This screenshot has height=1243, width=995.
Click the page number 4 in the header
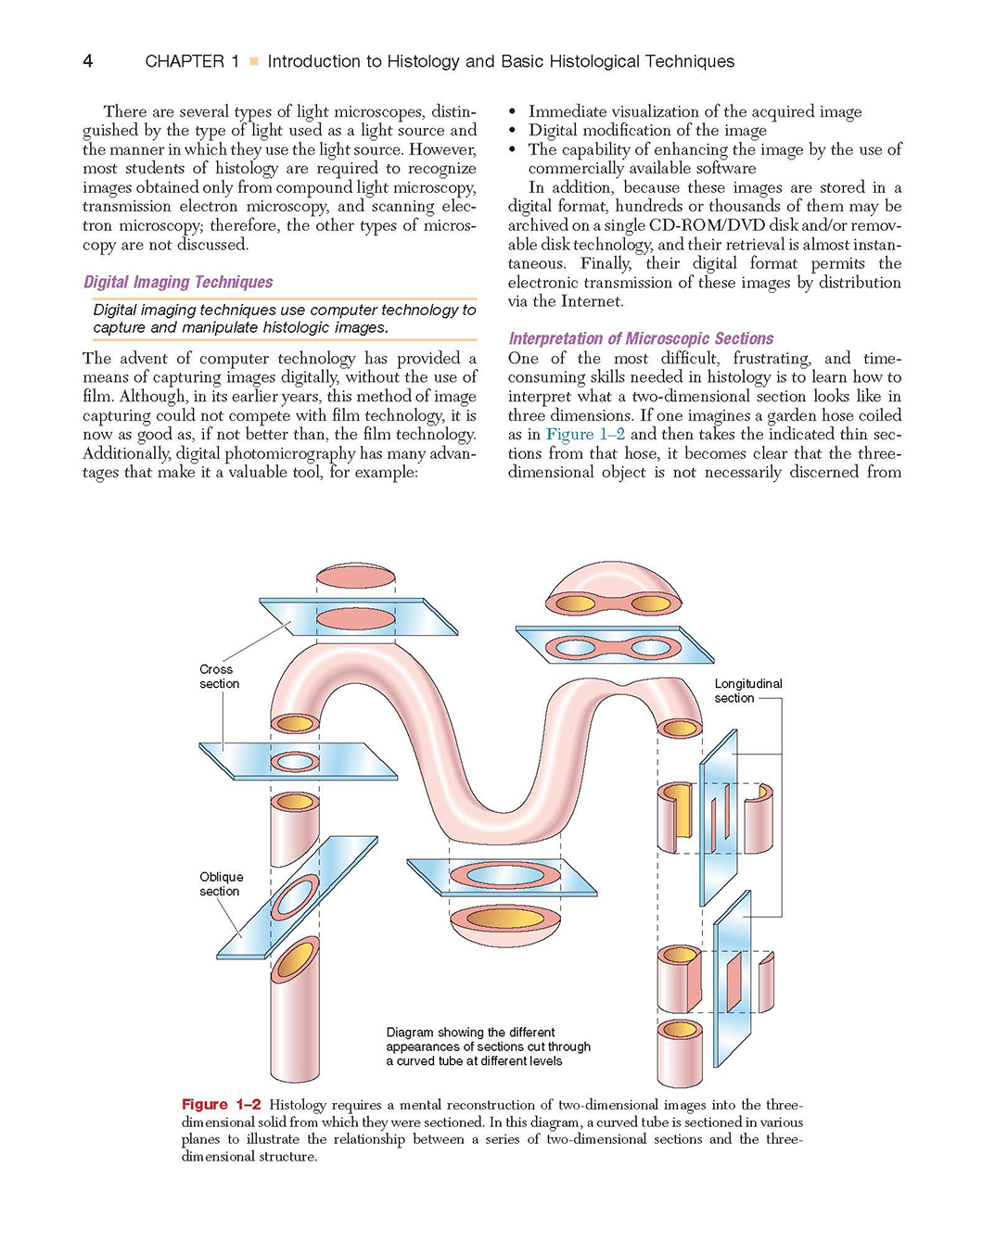pyautogui.click(x=88, y=60)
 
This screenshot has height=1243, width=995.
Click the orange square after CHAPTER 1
pyautogui.click(x=253, y=60)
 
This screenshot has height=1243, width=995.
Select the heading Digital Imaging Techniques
pyautogui.click(x=178, y=282)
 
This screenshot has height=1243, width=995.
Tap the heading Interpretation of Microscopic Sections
pyautogui.click(x=640, y=338)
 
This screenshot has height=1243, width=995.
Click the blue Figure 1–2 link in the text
pyautogui.click(x=585, y=434)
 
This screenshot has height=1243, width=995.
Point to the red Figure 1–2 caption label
pyautogui.click(x=222, y=1104)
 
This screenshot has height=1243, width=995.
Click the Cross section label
pyautogui.click(x=219, y=677)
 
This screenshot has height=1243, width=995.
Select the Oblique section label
pyautogui.click(x=222, y=883)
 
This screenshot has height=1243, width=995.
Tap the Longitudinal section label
pyautogui.click(x=747, y=691)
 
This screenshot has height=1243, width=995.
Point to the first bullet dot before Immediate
pyautogui.click(x=512, y=112)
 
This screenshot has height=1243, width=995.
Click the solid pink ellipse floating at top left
pyautogui.click(x=356, y=577)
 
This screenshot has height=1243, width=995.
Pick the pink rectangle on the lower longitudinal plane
pyautogui.click(x=733, y=982)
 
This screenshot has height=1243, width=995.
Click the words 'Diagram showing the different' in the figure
pyautogui.click(x=470, y=1032)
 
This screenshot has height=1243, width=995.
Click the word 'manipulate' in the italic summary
pyautogui.click(x=220, y=327)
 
